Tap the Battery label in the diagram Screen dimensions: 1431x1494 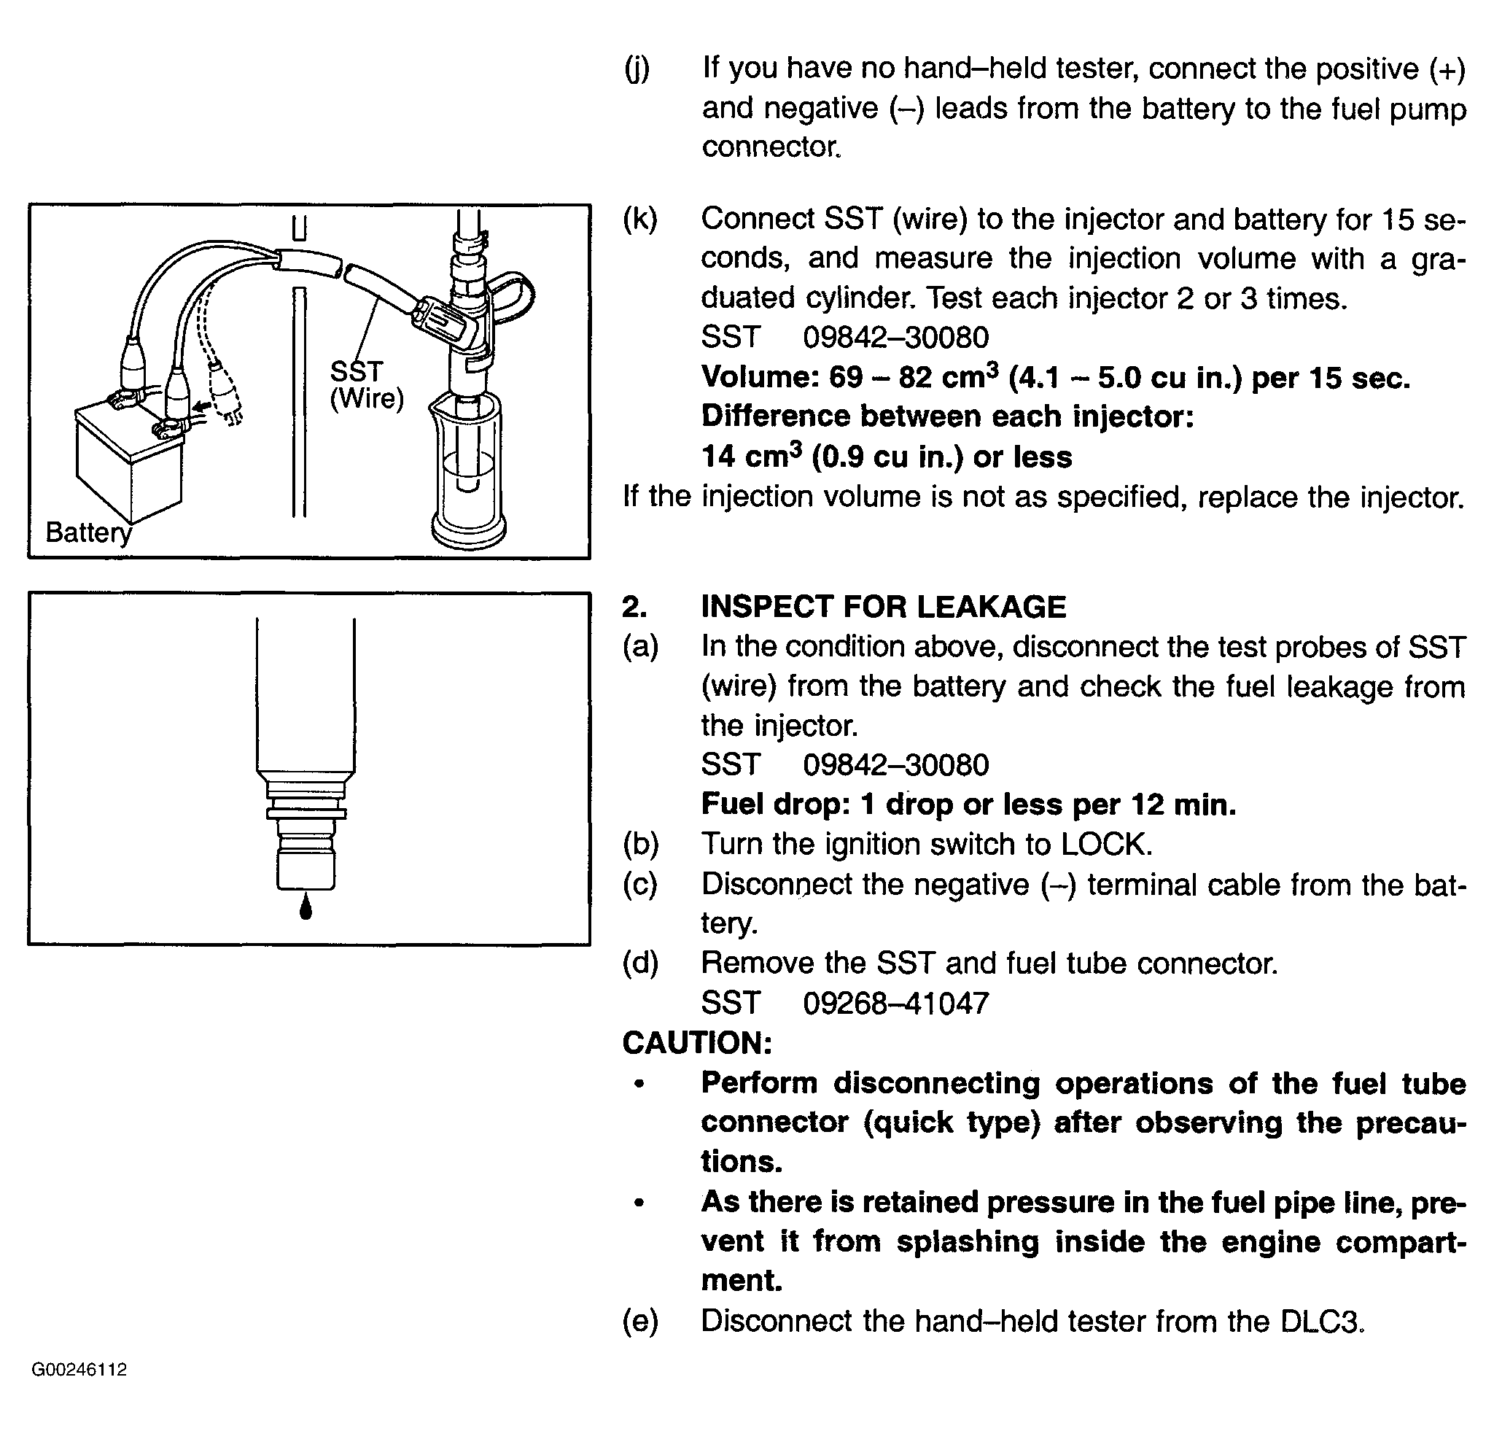click(x=88, y=532)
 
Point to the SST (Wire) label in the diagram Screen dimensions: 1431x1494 click(x=366, y=385)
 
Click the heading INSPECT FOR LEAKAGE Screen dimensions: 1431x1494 click(x=883, y=607)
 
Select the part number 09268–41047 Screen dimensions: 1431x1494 click(x=895, y=1003)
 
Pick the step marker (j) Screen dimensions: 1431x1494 click(x=637, y=69)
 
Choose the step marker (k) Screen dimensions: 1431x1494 click(x=639, y=219)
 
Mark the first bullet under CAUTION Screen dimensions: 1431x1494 click(x=639, y=1083)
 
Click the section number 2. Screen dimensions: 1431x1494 click(x=634, y=607)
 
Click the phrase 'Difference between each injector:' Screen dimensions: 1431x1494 click(x=947, y=416)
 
